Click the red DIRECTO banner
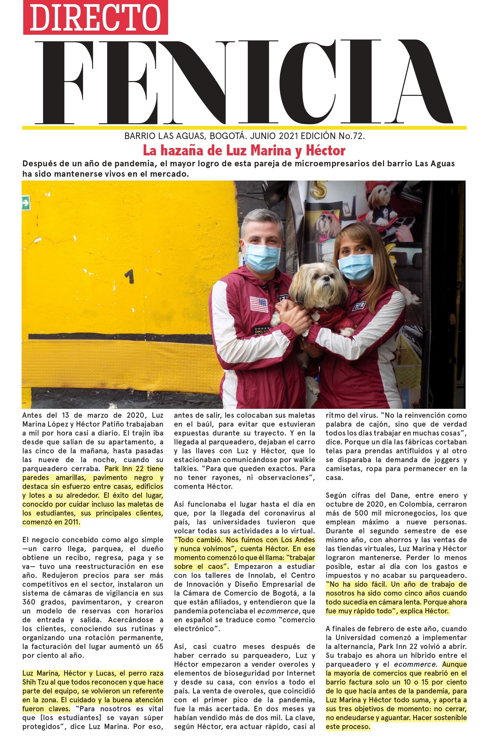pos(95,17)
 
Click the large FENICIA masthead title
pos(244,82)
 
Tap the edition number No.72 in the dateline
pos(351,136)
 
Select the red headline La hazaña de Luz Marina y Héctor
pos(244,150)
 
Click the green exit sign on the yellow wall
pos(26,203)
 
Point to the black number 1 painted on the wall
pos(129,276)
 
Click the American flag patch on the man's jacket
pos(259,304)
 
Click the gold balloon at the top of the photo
pos(319,191)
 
